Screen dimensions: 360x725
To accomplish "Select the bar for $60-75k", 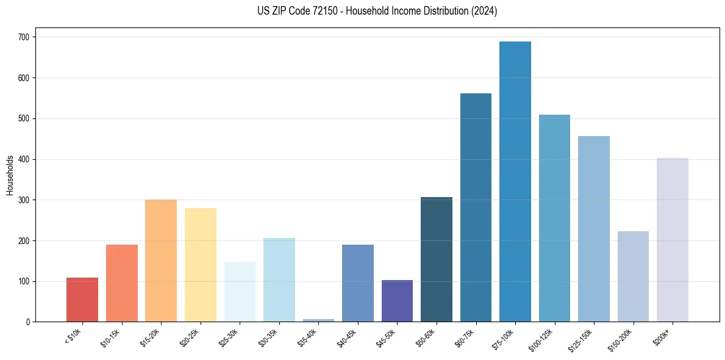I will [476, 207].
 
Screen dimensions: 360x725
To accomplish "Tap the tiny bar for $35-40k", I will [318, 320].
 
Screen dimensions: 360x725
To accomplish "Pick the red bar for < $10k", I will [82, 300].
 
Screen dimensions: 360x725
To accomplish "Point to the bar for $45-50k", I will [397, 301].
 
